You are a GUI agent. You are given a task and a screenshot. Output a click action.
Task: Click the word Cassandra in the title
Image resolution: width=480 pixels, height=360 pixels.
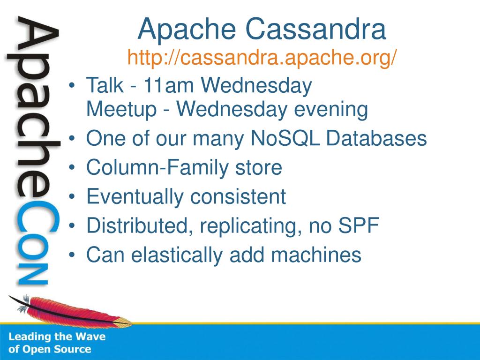click(x=315, y=29)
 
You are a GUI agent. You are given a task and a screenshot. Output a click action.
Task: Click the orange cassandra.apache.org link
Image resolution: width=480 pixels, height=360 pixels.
click(x=262, y=57)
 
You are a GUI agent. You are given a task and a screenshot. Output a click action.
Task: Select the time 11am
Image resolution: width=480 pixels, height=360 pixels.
click(x=169, y=85)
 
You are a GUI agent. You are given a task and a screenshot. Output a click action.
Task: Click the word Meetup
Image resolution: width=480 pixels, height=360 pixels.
click(x=121, y=109)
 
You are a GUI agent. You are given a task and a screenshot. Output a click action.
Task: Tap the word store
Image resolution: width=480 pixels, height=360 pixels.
click(x=259, y=168)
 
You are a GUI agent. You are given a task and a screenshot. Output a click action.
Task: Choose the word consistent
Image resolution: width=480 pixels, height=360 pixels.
click(x=238, y=196)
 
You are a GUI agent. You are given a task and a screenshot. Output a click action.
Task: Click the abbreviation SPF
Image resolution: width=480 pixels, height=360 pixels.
click(x=359, y=225)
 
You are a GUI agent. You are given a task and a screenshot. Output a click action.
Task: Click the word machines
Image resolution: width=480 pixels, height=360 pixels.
click(x=316, y=255)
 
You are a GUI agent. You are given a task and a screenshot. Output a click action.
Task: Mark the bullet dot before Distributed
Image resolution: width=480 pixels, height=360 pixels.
click(x=72, y=226)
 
